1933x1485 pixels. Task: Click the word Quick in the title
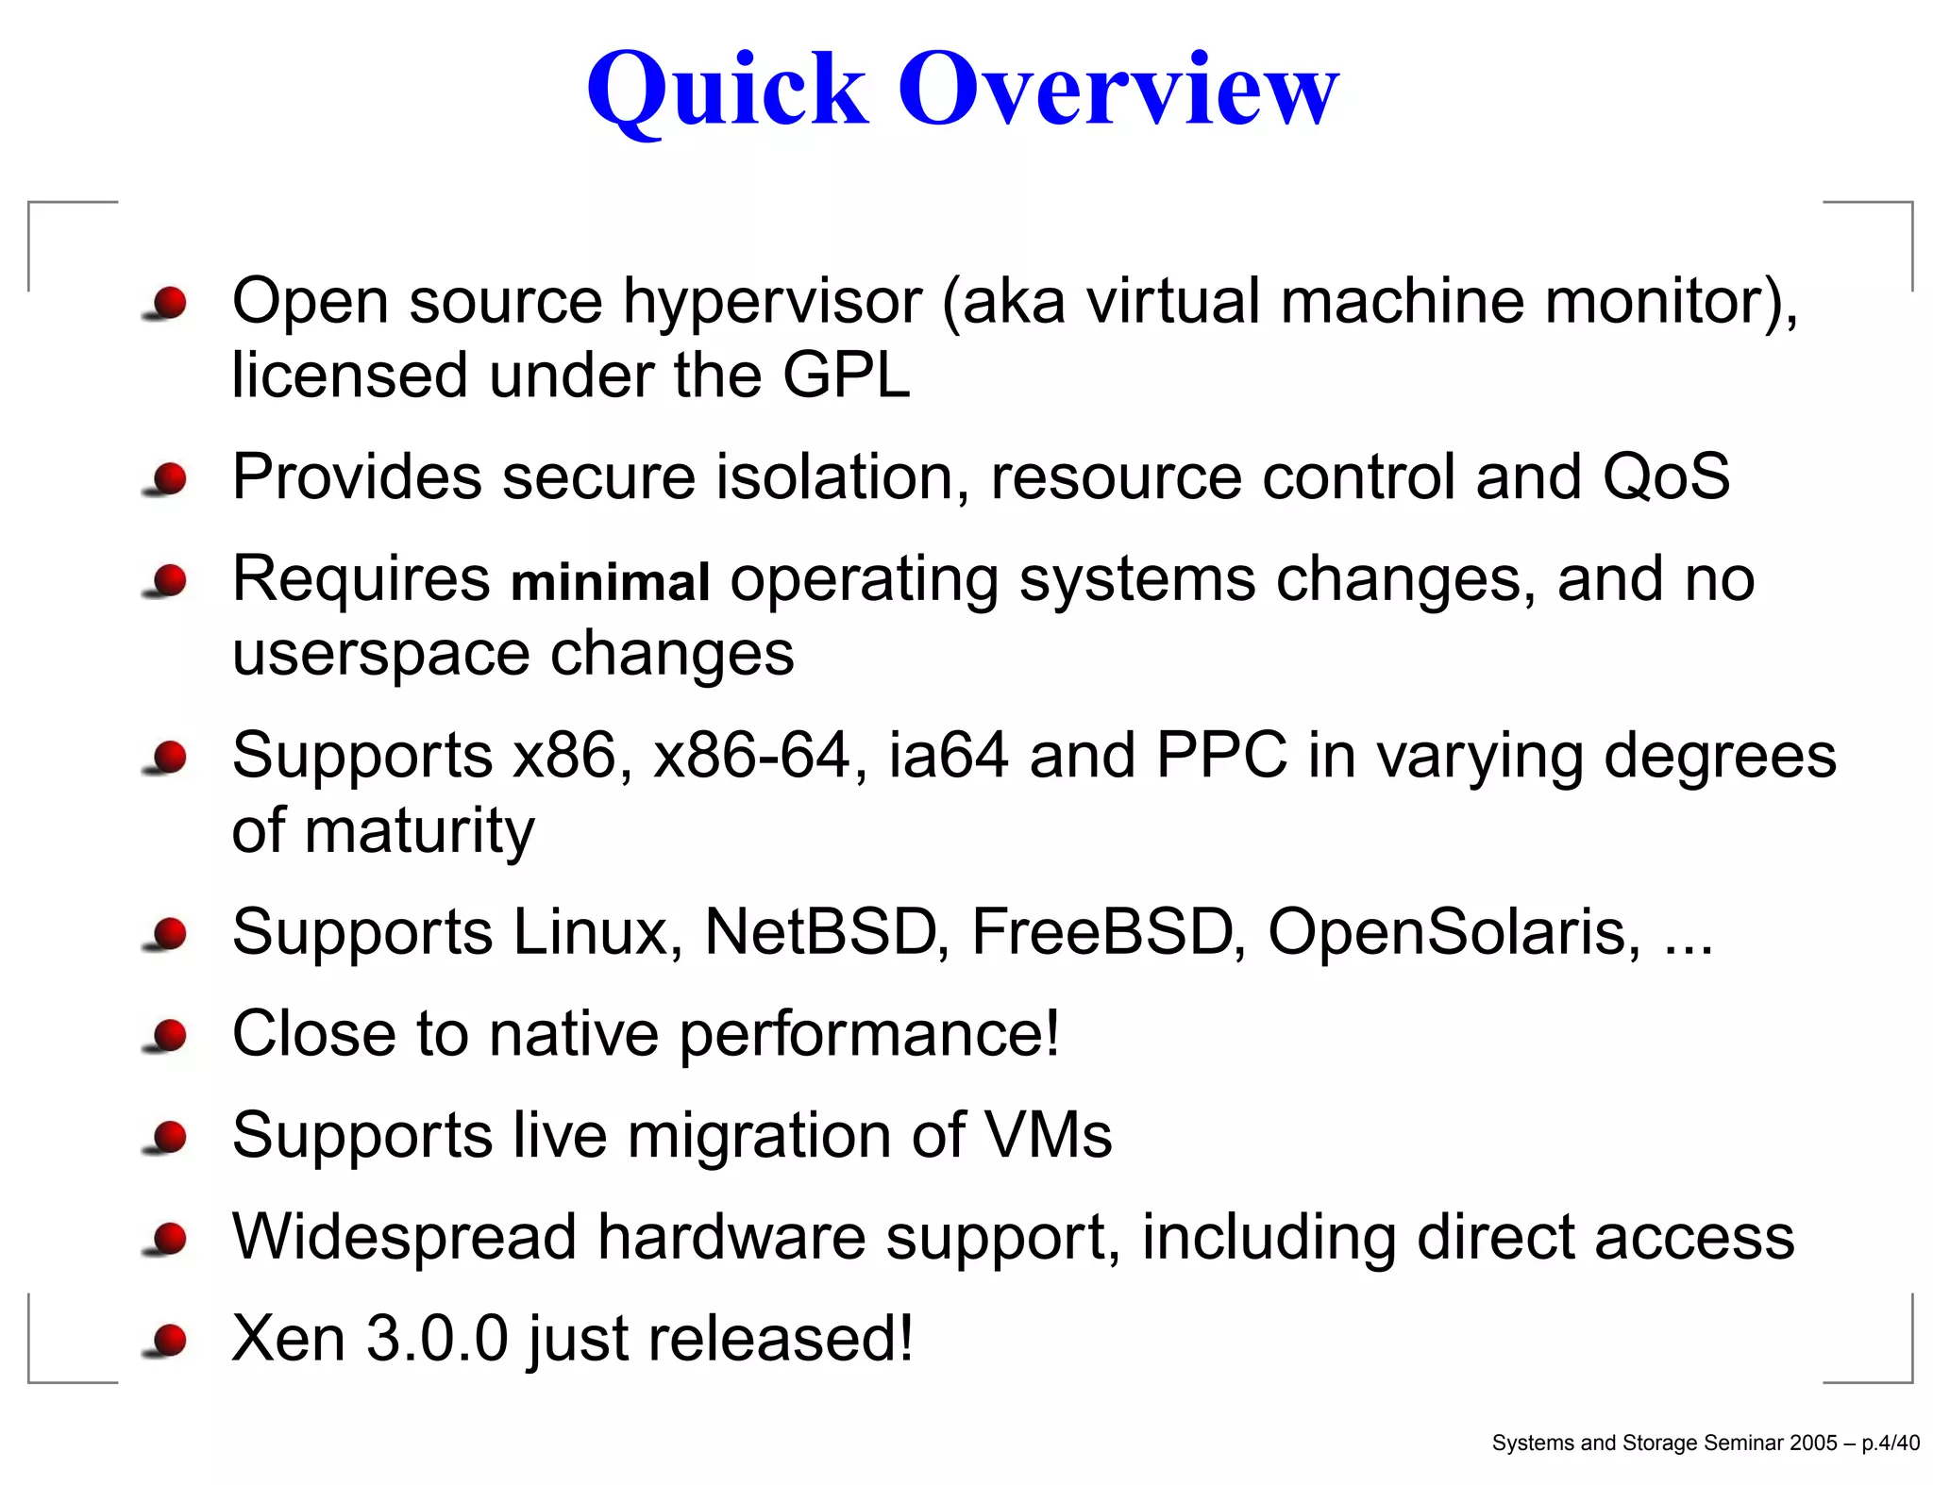pos(727,90)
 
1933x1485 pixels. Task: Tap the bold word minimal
pos(610,581)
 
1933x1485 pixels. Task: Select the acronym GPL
pos(846,375)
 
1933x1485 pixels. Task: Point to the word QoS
pos(1666,476)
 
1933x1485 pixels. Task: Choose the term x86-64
pos(752,756)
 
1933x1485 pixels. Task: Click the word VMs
pos(1048,1135)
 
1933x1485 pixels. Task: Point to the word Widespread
pos(404,1237)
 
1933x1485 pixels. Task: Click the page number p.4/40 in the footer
pos(1890,1443)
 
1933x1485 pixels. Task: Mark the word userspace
pos(380,654)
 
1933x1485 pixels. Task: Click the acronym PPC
pos(1221,756)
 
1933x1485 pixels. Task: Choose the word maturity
pos(419,831)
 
